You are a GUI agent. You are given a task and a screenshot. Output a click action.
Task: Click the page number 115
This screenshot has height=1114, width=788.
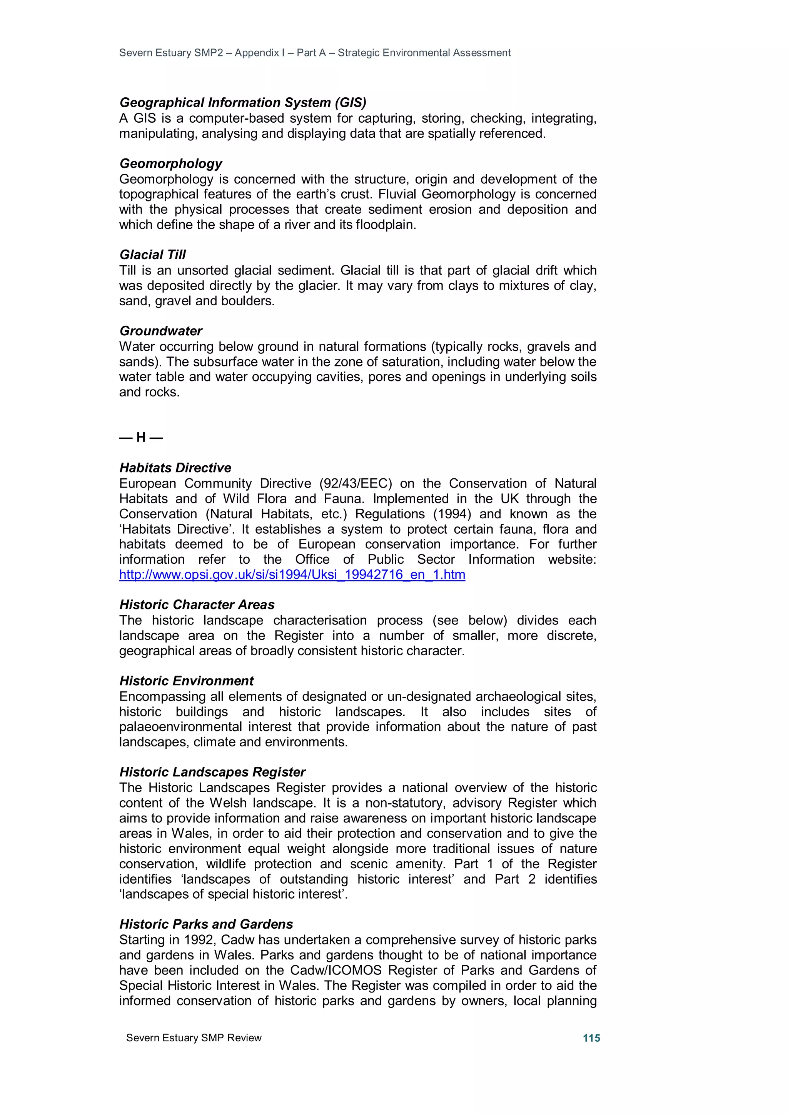tap(591, 1038)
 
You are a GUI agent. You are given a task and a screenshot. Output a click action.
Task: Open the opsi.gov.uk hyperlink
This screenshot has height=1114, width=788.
tap(292, 574)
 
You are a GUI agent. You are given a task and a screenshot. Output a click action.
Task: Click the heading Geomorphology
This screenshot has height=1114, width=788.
tap(171, 163)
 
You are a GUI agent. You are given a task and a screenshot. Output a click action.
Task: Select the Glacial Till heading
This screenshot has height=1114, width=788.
tap(152, 255)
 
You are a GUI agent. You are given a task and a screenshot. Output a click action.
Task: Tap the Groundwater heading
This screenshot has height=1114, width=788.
tap(161, 331)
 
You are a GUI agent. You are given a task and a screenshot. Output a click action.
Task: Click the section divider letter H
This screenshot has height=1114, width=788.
tap(141, 438)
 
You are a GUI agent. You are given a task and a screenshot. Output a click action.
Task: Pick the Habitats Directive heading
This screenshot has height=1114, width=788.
tap(175, 468)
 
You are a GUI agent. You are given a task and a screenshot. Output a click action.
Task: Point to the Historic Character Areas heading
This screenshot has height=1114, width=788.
tap(197, 604)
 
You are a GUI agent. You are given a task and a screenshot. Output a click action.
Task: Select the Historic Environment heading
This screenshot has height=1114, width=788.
tap(187, 681)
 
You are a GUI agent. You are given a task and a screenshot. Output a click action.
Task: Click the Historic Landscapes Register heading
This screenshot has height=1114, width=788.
tap(212, 772)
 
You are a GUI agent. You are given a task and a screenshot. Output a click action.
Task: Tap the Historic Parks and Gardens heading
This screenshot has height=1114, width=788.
tap(206, 924)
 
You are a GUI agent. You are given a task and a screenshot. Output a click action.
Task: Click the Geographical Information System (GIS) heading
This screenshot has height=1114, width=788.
tap(243, 102)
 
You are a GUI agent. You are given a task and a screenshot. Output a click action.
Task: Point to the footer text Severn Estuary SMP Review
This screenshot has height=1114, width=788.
tap(194, 1038)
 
